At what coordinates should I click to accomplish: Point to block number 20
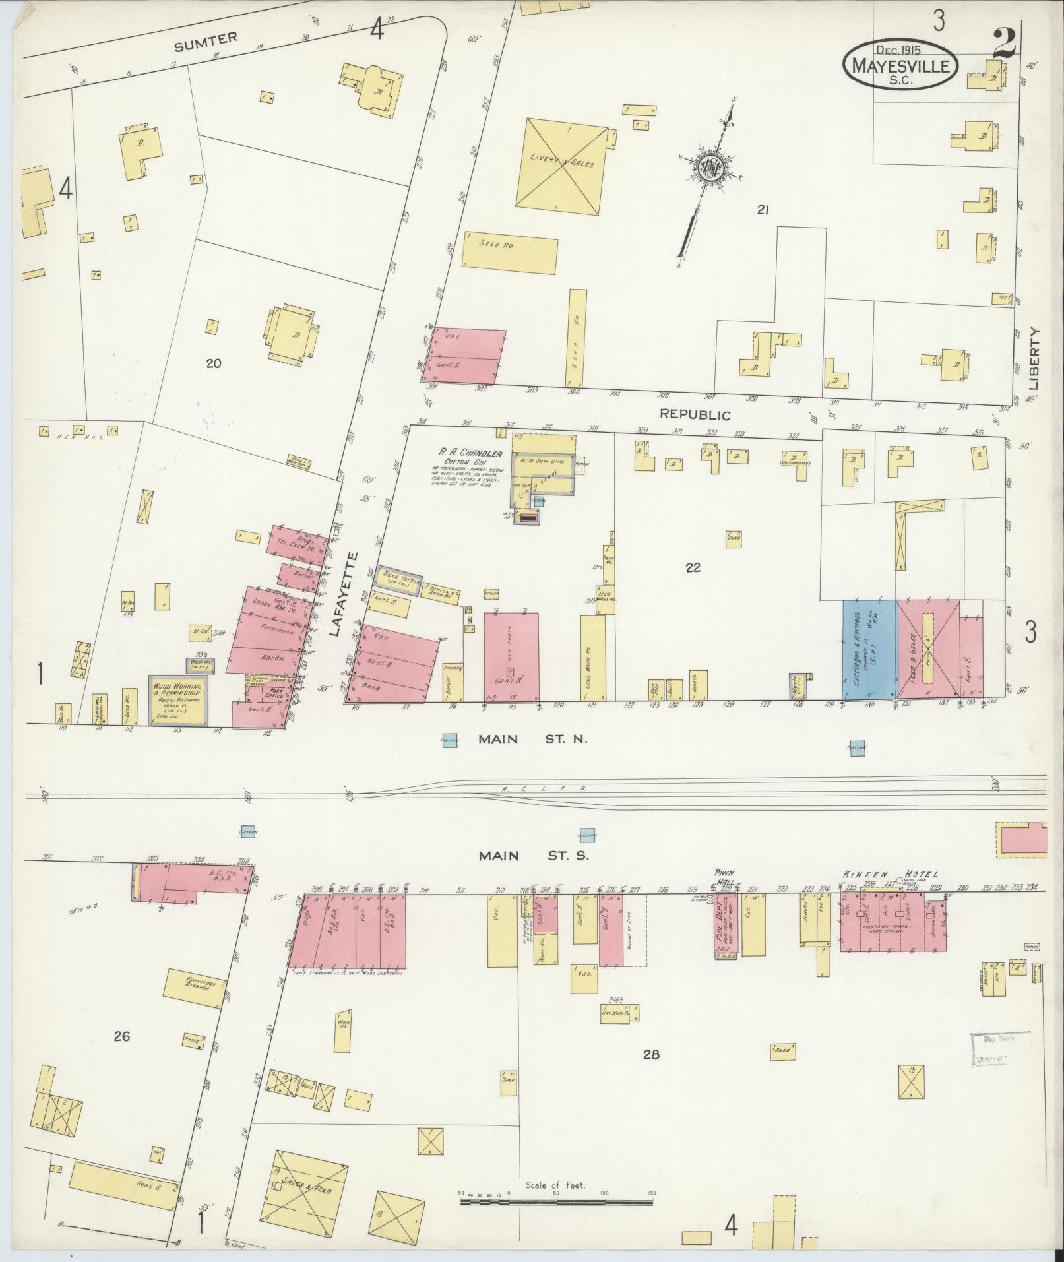coord(213,363)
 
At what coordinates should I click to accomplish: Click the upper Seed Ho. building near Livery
coord(510,251)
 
